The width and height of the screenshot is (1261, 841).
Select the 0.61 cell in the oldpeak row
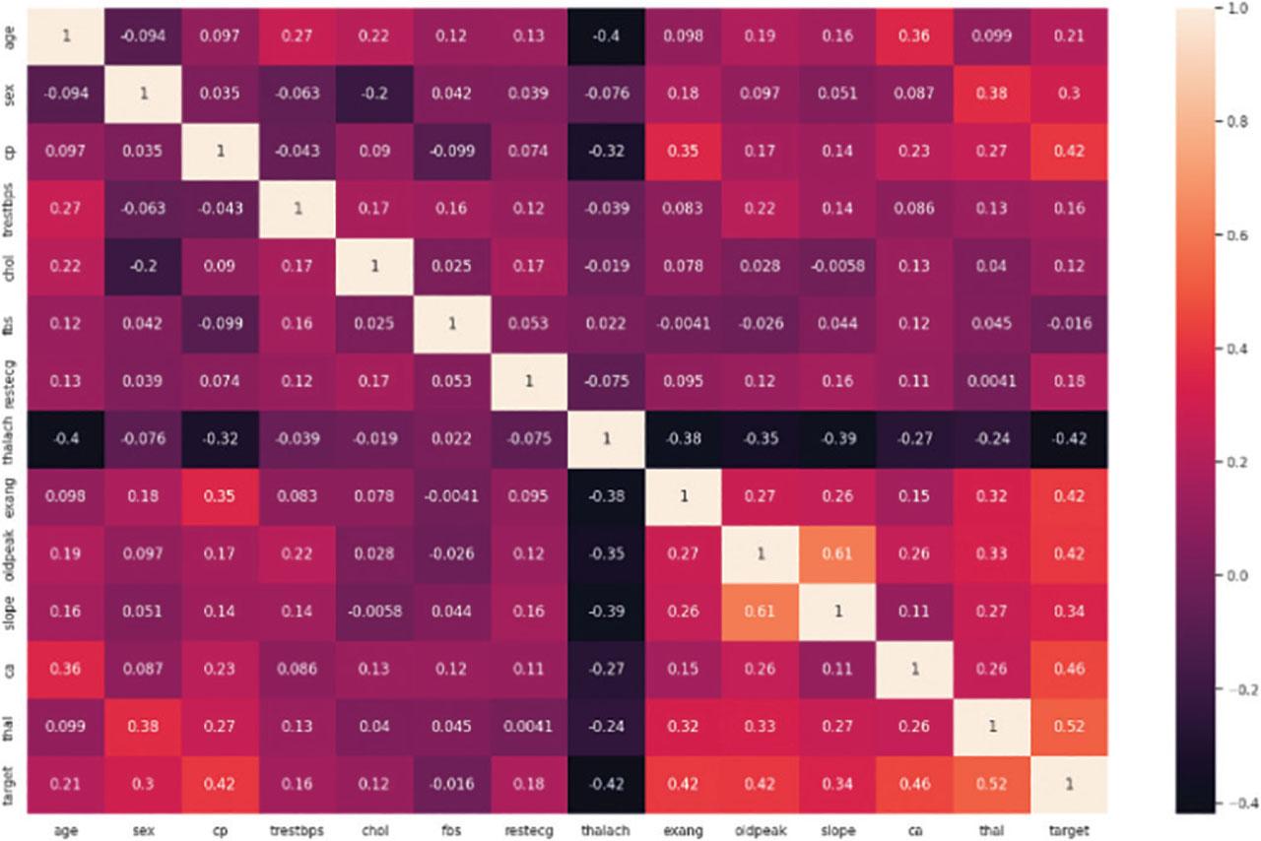(x=837, y=554)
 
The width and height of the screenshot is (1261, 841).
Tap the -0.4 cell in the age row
(x=606, y=36)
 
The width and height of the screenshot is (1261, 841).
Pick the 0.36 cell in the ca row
(x=66, y=670)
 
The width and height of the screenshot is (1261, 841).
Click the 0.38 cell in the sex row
(x=992, y=94)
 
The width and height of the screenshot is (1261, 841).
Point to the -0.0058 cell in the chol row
(x=837, y=267)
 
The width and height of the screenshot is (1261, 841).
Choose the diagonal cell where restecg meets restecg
(x=529, y=382)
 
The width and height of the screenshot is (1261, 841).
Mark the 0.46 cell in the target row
(x=915, y=785)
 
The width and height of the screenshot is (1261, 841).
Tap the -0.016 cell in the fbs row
(x=1069, y=324)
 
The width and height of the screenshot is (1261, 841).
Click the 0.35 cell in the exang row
(x=220, y=497)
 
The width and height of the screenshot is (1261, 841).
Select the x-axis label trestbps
(x=297, y=830)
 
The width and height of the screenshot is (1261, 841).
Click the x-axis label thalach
(x=606, y=830)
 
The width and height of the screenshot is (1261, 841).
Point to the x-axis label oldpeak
(x=761, y=830)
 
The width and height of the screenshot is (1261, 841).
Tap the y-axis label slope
(x=10, y=612)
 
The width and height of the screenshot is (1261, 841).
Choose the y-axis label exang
(x=10, y=497)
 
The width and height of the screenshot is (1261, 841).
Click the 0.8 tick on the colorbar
(x=1238, y=121)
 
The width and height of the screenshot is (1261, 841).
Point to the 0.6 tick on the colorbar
(x=1238, y=235)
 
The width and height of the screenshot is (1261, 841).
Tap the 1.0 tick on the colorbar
(x=1238, y=9)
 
